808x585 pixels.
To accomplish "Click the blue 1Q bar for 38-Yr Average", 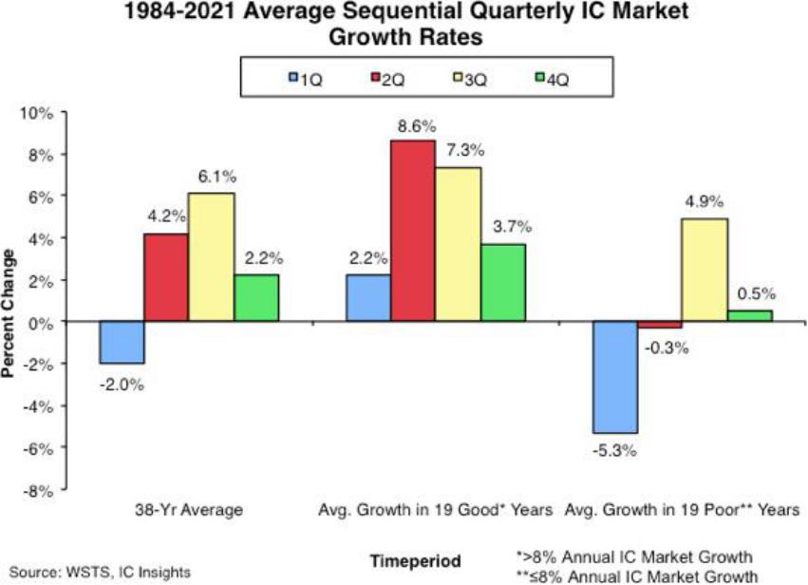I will [122, 343].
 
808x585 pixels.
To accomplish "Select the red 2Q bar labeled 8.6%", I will [413, 232].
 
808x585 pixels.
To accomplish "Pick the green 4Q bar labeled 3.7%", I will [502, 283].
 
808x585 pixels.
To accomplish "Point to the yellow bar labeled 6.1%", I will [212, 257].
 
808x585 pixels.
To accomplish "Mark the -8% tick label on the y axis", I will [40, 490].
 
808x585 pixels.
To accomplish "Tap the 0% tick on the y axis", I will [43, 322].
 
